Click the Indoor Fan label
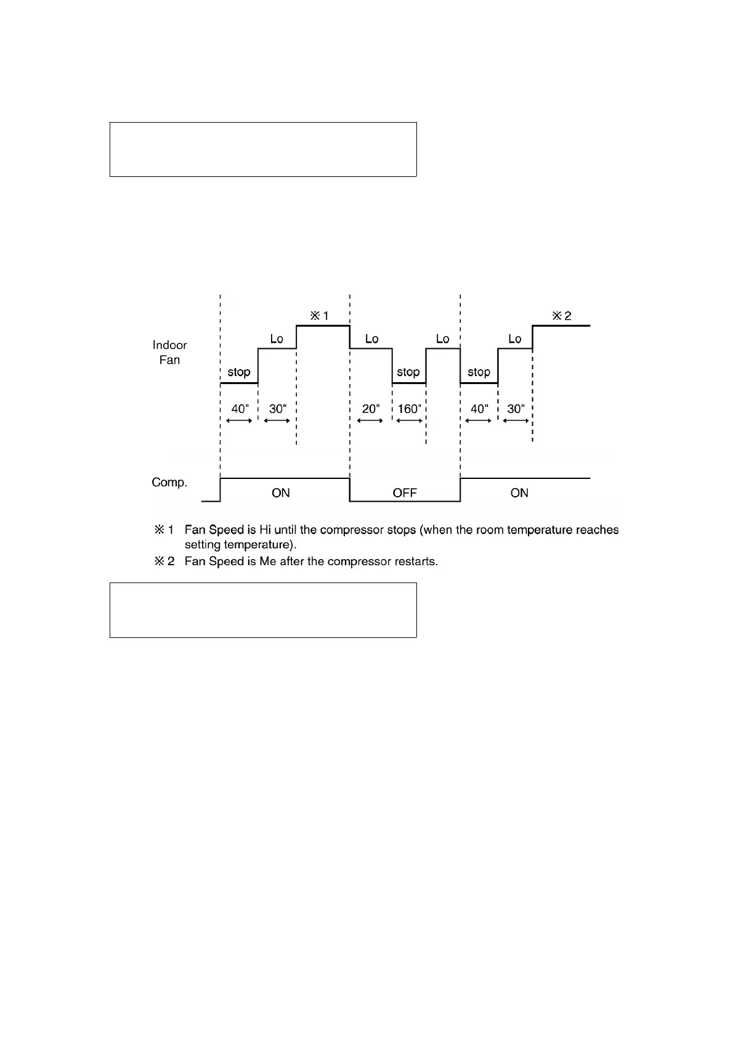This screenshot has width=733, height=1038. (x=169, y=353)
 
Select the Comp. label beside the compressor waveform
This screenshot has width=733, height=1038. (x=169, y=482)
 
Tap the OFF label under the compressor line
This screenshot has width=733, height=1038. (x=405, y=492)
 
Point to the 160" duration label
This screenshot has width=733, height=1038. (x=409, y=409)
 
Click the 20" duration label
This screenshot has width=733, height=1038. (x=371, y=409)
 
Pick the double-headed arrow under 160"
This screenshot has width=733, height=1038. (x=410, y=421)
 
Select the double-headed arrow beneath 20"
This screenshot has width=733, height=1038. (x=370, y=421)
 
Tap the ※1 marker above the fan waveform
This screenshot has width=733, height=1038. (x=319, y=316)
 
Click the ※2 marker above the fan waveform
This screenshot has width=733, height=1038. (x=561, y=316)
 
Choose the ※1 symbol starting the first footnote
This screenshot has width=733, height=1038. (x=164, y=529)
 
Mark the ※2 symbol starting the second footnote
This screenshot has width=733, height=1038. (x=164, y=562)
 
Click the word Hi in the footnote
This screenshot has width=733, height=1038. (x=265, y=529)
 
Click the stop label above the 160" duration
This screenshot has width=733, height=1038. (x=408, y=372)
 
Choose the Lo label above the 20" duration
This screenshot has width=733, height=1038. (x=371, y=339)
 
